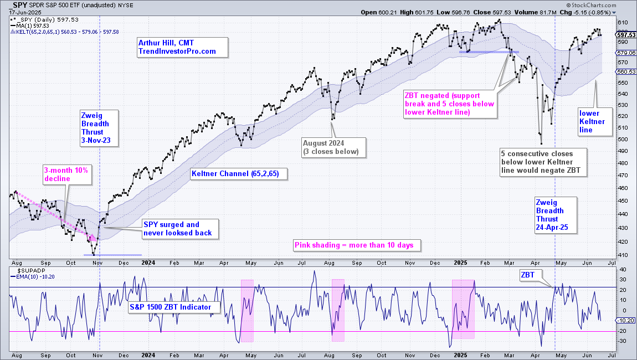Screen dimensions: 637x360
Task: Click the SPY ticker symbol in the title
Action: click(x=19, y=6)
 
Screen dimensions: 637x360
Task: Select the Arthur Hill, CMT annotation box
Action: click(x=183, y=47)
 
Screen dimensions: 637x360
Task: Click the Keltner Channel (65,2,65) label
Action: click(x=239, y=174)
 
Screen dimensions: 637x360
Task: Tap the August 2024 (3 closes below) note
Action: click(x=333, y=147)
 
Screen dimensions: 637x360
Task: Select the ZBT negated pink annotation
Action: click(x=450, y=104)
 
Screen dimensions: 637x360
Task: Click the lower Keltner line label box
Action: click(x=595, y=122)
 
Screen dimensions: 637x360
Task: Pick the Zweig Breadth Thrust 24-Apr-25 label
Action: click(x=556, y=215)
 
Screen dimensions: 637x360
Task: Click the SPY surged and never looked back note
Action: click(x=180, y=229)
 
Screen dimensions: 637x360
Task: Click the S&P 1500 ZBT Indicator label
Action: click(x=174, y=307)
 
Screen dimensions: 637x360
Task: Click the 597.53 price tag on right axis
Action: click(x=626, y=35)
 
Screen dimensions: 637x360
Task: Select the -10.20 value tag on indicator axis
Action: click(x=626, y=321)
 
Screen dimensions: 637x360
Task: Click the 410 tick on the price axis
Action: click(x=623, y=255)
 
